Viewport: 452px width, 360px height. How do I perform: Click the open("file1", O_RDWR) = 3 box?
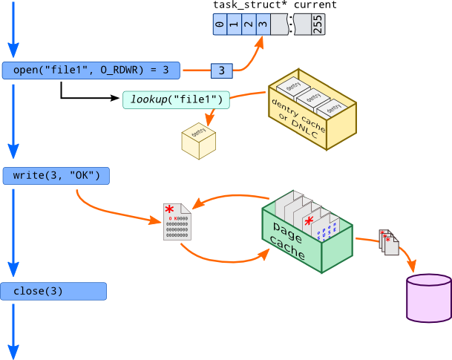coord(91,71)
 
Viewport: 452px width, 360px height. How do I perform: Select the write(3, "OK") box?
coord(56,176)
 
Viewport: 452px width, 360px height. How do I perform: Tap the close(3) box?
coord(53,291)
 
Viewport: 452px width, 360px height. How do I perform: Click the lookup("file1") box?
coord(176,99)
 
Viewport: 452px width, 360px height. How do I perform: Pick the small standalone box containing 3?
coord(222,71)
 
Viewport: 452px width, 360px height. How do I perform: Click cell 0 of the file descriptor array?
coord(219,25)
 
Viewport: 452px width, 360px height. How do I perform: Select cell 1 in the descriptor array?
coord(233,25)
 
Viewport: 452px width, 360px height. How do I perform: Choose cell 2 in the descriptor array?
coord(247,25)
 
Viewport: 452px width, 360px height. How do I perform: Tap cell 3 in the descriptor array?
coord(261,25)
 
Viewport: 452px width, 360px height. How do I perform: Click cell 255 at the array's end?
coord(318,25)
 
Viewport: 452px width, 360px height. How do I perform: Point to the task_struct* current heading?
coord(275,5)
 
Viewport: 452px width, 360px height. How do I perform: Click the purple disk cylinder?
coord(429,298)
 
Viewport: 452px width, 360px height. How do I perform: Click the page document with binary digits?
coord(177,221)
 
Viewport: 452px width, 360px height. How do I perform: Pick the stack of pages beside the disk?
coord(389,243)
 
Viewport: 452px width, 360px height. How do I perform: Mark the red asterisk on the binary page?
coord(170,209)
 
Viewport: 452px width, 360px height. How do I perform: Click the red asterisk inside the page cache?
coord(309,220)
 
